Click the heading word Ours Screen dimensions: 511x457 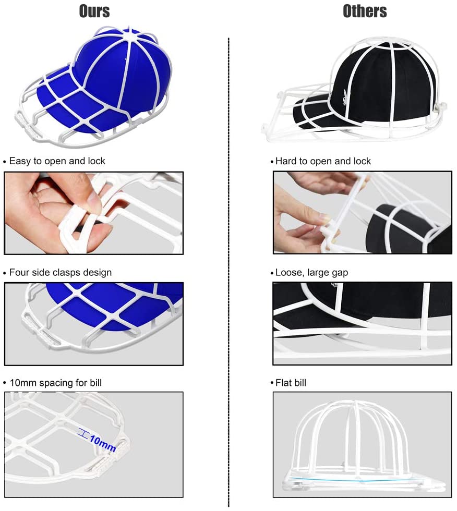pos(94,11)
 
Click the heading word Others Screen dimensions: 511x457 pos(365,11)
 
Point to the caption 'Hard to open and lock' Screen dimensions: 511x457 pos(323,161)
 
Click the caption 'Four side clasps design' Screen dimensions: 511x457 pos(60,272)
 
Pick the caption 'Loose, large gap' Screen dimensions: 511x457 pos(311,272)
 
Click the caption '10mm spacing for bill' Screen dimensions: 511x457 pos(55,383)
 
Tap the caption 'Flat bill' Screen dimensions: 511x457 pos(291,383)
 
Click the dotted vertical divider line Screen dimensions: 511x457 pos(229,261)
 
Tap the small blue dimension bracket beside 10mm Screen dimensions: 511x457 pos(82,432)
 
